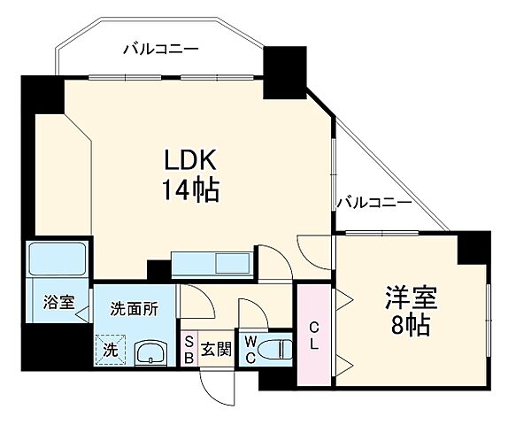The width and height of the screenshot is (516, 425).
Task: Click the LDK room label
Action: click(187, 160)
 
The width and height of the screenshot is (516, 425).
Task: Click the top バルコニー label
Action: click(160, 50)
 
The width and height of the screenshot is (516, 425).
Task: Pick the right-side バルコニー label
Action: click(373, 204)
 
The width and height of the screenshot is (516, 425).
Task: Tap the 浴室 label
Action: click(58, 302)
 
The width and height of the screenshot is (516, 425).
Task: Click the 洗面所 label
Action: click(135, 310)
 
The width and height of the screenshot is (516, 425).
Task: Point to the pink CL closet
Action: click(312, 334)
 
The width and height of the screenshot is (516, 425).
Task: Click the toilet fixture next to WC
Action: click(276, 348)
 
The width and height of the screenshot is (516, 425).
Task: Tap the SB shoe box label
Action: click(189, 349)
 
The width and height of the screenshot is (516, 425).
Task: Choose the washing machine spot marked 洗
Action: click(109, 350)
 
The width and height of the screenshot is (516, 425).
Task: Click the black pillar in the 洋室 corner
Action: click(473, 248)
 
